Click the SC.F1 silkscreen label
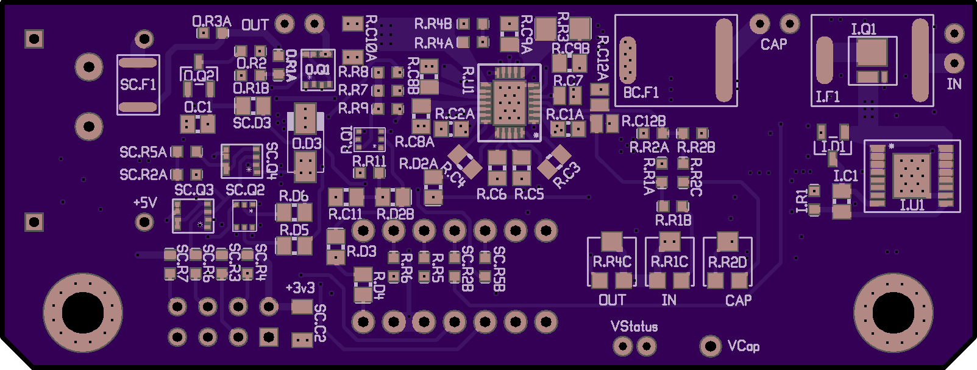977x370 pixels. [138, 85]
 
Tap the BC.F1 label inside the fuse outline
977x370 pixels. [641, 92]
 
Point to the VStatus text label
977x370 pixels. [634, 327]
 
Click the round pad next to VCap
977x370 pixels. [710, 346]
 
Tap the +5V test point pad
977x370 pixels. [144, 222]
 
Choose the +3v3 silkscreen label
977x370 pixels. [300, 287]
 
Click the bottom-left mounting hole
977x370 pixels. [83, 313]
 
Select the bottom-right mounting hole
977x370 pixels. [893, 313]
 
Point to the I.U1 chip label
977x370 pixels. [912, 205]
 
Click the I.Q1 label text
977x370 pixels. [863, 29]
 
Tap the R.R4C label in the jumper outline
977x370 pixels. [612, 262]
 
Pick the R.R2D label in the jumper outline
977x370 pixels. [727, 262]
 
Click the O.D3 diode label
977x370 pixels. [307, 144]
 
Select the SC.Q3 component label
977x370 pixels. [194, 190]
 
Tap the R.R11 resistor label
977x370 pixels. [369, 161]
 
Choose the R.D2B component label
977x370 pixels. [395, 214]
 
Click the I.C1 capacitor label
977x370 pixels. [845, 176]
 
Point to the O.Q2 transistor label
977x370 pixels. [199, 75]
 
